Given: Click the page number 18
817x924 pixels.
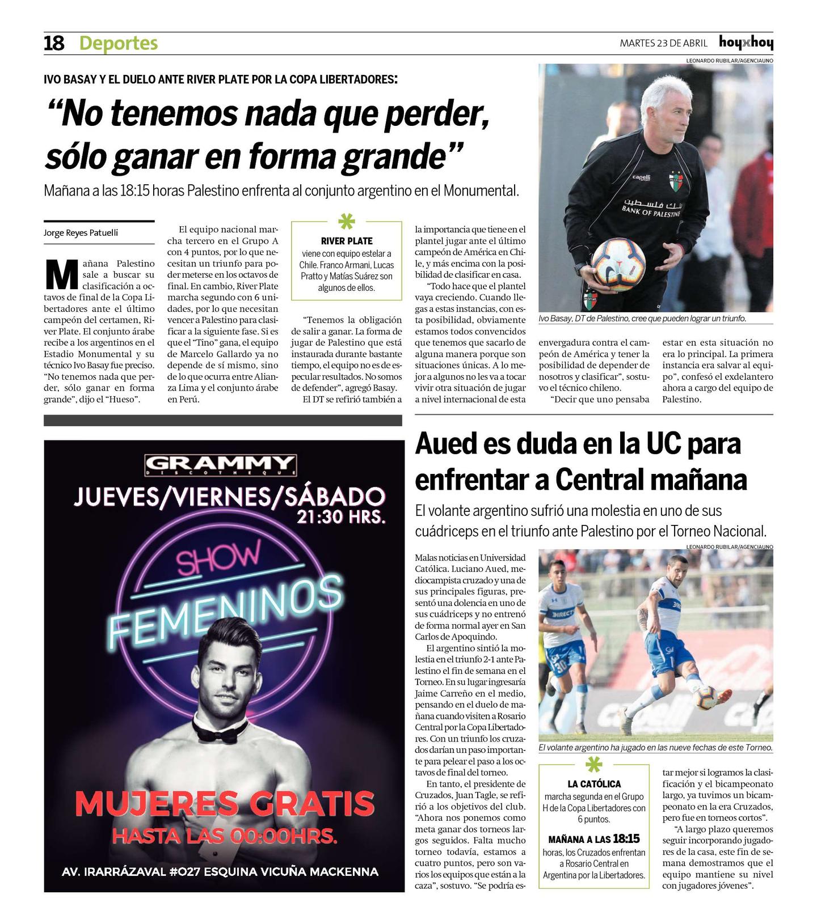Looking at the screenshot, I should (54, 43).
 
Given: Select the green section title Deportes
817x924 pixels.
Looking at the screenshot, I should (119, 43).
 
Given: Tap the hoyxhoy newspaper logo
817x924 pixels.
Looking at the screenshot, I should (746, 43).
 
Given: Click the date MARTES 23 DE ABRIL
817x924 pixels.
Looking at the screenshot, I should (663, 44).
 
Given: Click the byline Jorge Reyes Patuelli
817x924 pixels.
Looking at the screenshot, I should (81, 233).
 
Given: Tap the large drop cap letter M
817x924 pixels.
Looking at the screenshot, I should (61, 275).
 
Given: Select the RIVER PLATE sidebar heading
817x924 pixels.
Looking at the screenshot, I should (347, 241).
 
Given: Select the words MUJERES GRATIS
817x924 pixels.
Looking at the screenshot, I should (225, 803).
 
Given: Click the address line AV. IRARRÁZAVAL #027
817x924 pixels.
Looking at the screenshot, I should (220, 871).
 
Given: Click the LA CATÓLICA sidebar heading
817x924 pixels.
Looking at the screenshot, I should (593, 784).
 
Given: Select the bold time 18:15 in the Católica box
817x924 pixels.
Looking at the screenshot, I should (626, 839).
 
